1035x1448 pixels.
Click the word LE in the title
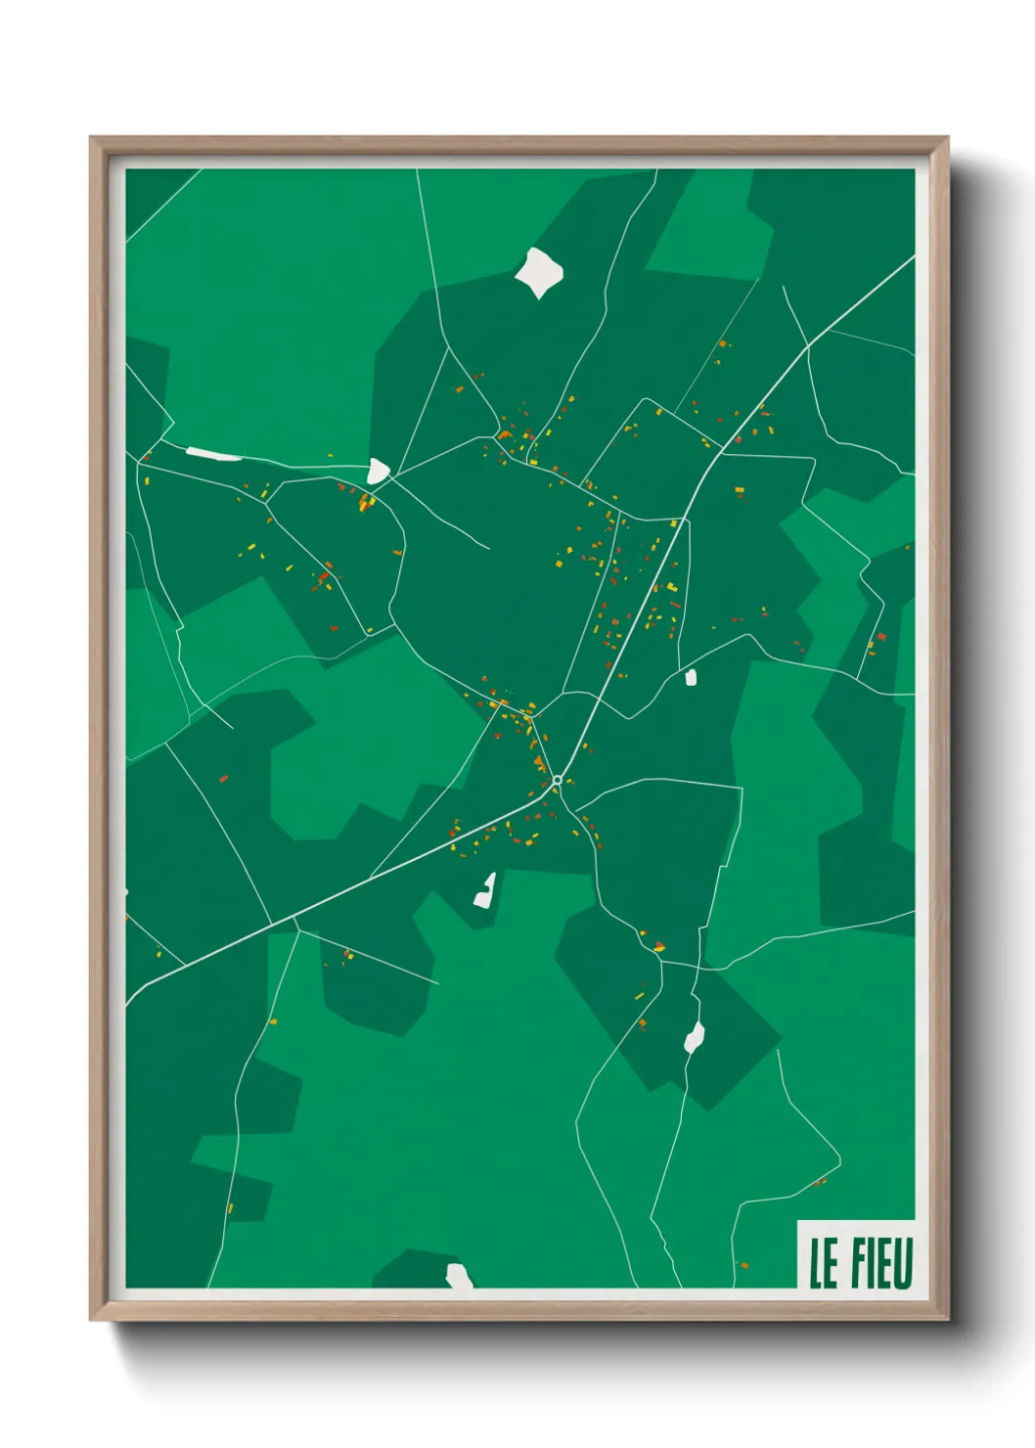click(824, 1263)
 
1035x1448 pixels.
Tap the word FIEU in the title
click(881, 1263)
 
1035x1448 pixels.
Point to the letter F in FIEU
click(857, 1263)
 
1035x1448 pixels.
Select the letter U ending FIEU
click(904, 1263)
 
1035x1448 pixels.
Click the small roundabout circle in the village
click(557, 780)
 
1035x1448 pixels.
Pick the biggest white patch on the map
click(539, 272)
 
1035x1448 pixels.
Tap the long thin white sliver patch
click(213, 454)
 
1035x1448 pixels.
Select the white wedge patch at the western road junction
click(378, 472)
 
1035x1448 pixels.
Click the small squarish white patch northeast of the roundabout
click(691, 676)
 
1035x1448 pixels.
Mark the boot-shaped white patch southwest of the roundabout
click(485, 890)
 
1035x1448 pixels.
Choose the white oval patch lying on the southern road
click(695, 1036)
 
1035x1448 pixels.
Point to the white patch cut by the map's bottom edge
click(459, 1276)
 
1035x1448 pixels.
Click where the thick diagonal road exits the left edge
click(127, 1005)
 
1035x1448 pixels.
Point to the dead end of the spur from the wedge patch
click(487, 548)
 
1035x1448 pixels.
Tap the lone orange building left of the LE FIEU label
click(744, 1265)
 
